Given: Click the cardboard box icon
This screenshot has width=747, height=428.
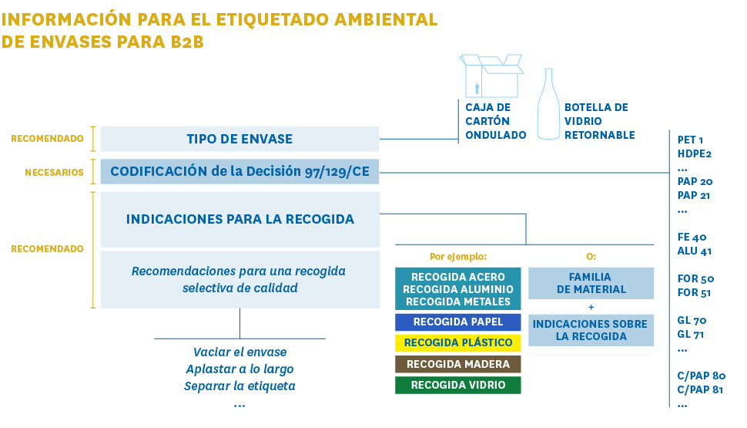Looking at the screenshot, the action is click(491, 76).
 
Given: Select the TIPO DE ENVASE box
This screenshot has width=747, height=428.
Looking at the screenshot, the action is click(240, 139).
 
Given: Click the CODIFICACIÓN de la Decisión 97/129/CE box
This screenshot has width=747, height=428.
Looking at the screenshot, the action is click(240, 171).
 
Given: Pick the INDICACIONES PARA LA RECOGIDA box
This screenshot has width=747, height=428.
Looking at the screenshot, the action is click(240, 220).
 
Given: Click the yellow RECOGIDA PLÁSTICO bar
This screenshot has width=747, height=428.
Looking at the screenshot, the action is click(457, 342).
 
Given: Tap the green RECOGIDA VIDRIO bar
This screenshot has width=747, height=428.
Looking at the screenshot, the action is click(457, 385).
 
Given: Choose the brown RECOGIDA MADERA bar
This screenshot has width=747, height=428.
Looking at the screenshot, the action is click(457, 364).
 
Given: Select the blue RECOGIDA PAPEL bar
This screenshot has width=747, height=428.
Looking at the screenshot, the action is click(457, 322).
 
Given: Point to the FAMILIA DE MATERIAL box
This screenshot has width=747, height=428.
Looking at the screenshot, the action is click(591, 283).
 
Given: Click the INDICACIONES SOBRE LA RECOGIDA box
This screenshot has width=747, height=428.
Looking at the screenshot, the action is click(591, 330).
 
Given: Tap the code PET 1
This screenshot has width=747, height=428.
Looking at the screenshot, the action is click(690, 140).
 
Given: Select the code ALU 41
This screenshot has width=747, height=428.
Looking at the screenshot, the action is click(695, 251).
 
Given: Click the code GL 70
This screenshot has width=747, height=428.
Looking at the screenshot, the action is click(692, 320).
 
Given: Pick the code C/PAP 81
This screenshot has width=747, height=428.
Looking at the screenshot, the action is click(700, 389).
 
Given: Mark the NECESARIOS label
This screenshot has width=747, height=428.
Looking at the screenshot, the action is click(55, 172).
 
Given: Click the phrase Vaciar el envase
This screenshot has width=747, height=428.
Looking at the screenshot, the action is click(240, 352).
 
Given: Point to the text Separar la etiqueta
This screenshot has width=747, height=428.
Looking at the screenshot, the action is click(240, 386).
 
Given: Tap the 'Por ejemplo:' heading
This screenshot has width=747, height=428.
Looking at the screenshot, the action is click(458, 257).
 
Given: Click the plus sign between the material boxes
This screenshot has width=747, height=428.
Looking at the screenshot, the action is click(591, 307).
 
